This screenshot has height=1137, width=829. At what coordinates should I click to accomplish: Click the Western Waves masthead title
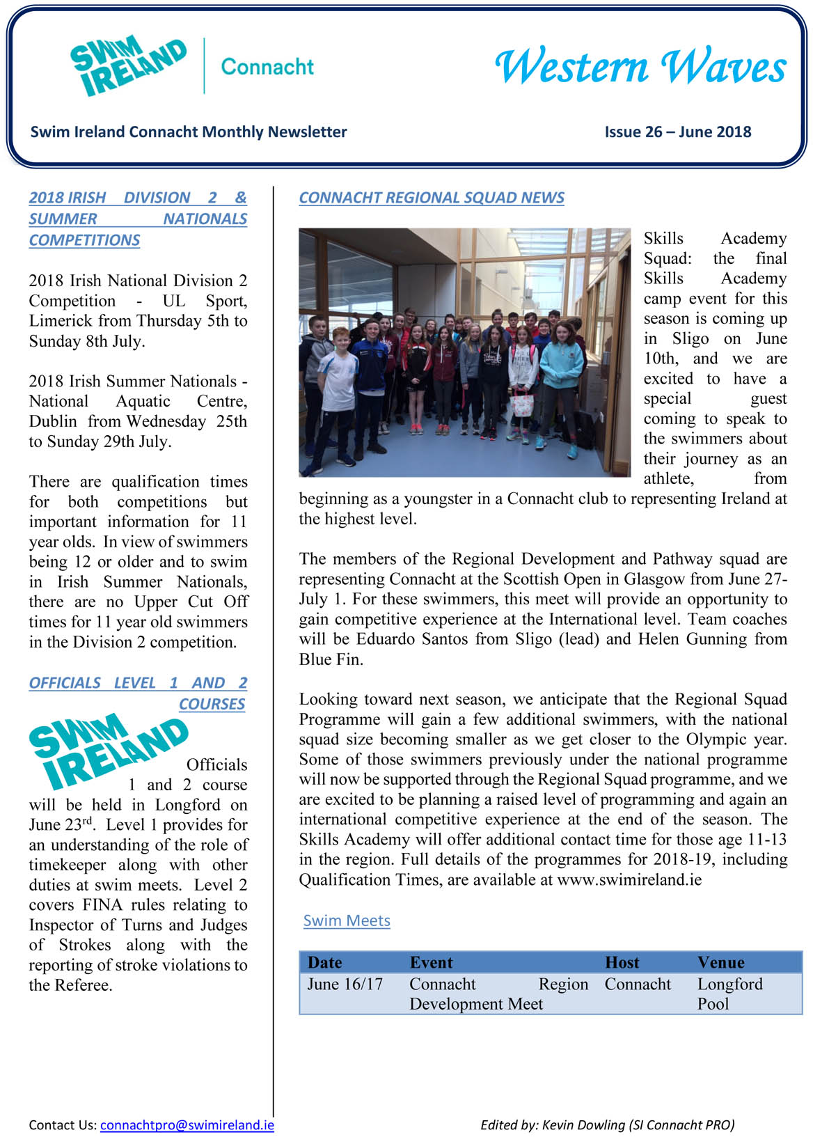tap(640, 67)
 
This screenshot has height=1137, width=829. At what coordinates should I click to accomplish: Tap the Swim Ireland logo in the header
tap(128, 66)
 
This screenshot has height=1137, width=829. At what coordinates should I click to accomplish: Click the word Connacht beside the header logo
tap(267, 67)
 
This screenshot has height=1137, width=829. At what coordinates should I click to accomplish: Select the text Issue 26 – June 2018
tap(677, 132)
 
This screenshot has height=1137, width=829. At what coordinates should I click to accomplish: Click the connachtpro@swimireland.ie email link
tap(187, 1124)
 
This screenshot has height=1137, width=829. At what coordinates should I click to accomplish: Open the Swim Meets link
tap(347, 920)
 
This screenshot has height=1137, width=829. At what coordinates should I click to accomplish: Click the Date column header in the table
tap(324, 962)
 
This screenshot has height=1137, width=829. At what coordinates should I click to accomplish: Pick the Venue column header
tap(720, 962)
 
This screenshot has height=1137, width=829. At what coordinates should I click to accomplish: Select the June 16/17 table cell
tap(345, 984)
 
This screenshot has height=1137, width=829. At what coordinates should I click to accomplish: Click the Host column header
tap(622, 962)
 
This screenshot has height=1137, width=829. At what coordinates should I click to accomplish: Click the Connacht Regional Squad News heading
tap(432, 198)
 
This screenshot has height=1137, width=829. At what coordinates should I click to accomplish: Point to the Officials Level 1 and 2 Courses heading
tap(138, 693)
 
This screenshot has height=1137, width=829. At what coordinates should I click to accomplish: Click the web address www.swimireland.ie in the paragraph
tap(629, 879)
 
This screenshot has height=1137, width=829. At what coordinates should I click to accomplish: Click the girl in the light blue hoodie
tap(561, 383)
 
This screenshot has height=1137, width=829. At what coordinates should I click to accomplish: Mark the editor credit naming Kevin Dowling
tap(607, 1124)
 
